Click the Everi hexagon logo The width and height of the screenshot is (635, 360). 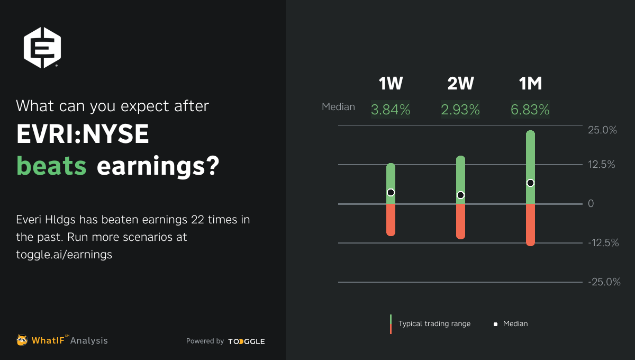[x=42, y=48]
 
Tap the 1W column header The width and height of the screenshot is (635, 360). [x=391, y=84]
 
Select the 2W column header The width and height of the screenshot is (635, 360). [x=460, y=84]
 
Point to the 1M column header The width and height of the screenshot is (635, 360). [x=530, y=84]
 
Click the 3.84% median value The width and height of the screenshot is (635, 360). [x=391, y=110]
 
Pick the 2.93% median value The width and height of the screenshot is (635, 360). [x=460, y=110]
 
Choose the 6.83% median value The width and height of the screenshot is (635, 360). [x=530, y=110]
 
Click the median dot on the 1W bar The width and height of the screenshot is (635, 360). [x=391, y=193]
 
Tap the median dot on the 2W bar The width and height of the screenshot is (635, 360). [x=461, y=195]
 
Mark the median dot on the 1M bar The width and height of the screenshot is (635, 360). [x=530, y=183]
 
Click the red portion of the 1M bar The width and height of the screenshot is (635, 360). [x=530, y=224]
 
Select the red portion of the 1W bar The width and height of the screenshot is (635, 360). [x=391, y=220]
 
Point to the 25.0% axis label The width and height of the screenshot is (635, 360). [x=602, y=130]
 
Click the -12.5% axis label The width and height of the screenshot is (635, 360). [x=603, y=243]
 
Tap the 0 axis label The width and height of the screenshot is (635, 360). [x=591, y=204]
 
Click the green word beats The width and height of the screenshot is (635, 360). [x=51, y=166]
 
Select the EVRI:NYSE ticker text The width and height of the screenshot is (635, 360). [x=83, y=134]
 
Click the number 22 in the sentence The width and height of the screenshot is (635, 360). [x=197, y=220]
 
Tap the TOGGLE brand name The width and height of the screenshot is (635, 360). [x=247, y=341]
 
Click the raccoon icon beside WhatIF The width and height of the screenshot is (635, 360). [x=22, y=340]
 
